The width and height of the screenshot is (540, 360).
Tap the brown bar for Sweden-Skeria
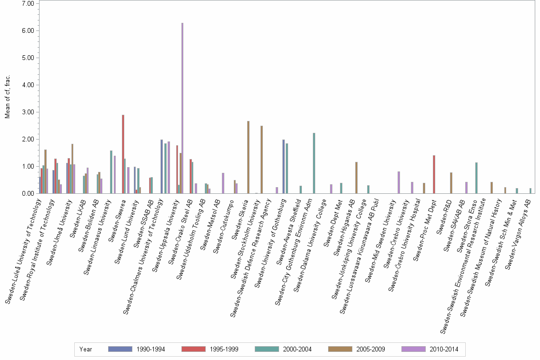(x=248, y=157)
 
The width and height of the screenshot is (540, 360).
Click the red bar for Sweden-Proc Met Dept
(x=434, y=174)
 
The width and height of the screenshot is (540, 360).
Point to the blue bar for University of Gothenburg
(x=283, y=166)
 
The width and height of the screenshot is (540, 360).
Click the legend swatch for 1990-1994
(x=120, y=349)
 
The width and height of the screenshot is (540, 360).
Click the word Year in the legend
(x=86, y=349)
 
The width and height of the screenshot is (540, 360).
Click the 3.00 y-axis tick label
(x=28, y=112)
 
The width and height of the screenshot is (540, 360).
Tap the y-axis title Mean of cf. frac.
(x=7, y=98)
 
